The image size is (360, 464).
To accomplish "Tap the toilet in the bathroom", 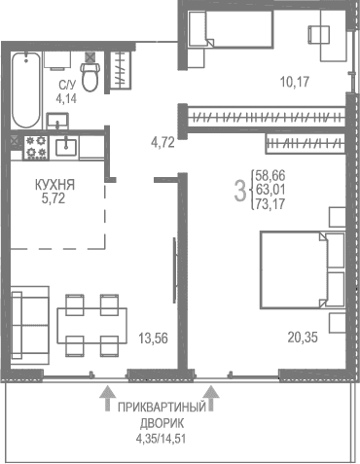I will click(x=91, y=76).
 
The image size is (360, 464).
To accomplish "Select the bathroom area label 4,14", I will click(x=66, y=98).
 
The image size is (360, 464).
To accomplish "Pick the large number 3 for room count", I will click(x=239, y=190).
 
